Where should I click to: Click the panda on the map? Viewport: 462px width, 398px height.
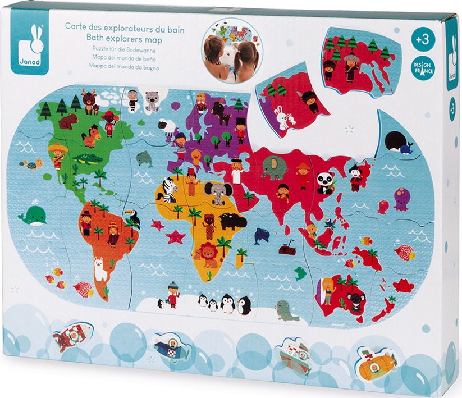click(x=325, y=182)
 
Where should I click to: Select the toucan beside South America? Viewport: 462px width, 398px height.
click(x=133, y=217)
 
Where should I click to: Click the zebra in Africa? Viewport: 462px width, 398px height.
click(x=168, y=189)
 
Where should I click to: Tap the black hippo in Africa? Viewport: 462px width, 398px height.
click(x=232, y=221)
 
